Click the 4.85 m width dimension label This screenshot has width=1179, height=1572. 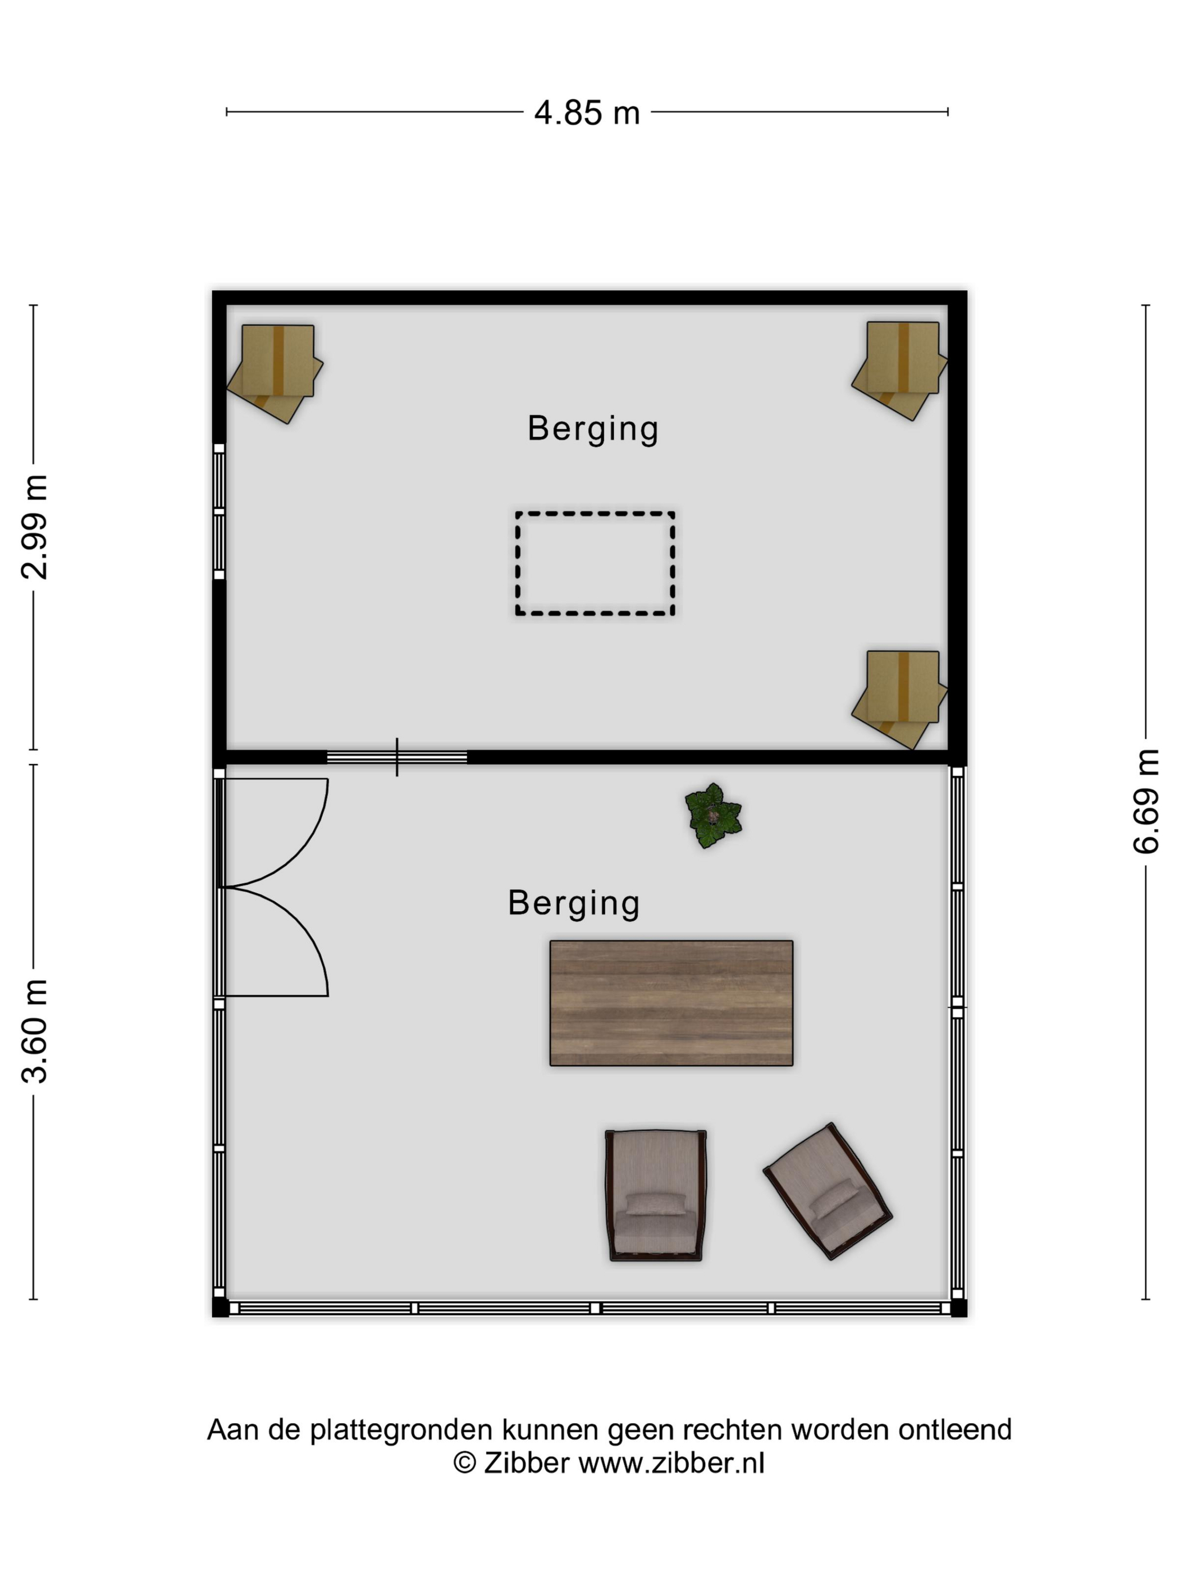pos(587,113)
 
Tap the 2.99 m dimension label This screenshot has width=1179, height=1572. pos(34,527)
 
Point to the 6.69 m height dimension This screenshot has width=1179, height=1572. pos(1146,801)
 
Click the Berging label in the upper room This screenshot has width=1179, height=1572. pos(593,428)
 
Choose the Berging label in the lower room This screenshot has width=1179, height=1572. pos(574,903)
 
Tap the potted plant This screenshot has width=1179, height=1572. pos(713,815)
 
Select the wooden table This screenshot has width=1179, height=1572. pos(671,1003)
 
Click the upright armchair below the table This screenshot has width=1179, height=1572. pos(655,1195)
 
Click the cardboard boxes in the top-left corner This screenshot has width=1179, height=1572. pos(275,373)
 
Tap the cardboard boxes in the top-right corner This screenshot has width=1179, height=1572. pos(900,370)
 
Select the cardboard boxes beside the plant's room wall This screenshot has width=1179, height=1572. pos(900,700)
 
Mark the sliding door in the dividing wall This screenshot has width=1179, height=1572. pos(396,757)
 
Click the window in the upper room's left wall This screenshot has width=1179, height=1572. pos(219,511)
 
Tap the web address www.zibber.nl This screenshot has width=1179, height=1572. pos(671,1463)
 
